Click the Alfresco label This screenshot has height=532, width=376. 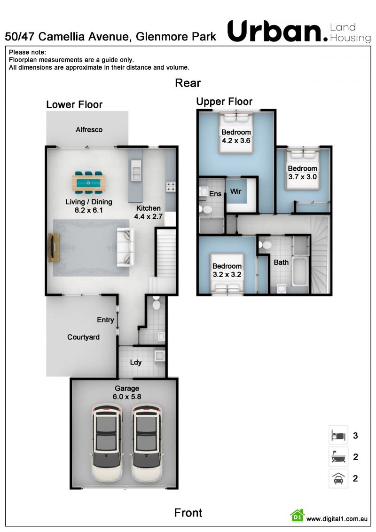[x=89, y=130]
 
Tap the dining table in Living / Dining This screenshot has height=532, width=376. [x=88, y=183]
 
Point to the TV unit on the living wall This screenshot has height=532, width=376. [x=54, y=247]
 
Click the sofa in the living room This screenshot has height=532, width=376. [x=125, y=246]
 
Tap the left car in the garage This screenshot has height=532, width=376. [x=107, y=443]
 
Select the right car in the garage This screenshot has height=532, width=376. [x=147, y=443]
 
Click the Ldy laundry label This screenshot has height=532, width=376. [x=136, y=362]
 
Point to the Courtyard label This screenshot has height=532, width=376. [x=83, y=337]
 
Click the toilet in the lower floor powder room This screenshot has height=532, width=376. [x=157, y=303]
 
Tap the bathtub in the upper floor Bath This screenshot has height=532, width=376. [x=300, y=272]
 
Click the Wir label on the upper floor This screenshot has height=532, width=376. [x=235, y=191]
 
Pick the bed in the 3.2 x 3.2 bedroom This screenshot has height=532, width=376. [x=227, y=273]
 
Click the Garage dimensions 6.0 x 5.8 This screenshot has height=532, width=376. [x=127, y=397]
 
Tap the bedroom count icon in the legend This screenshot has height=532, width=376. [x=338, y=435]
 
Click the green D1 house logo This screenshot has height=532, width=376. [x=298, y=516]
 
